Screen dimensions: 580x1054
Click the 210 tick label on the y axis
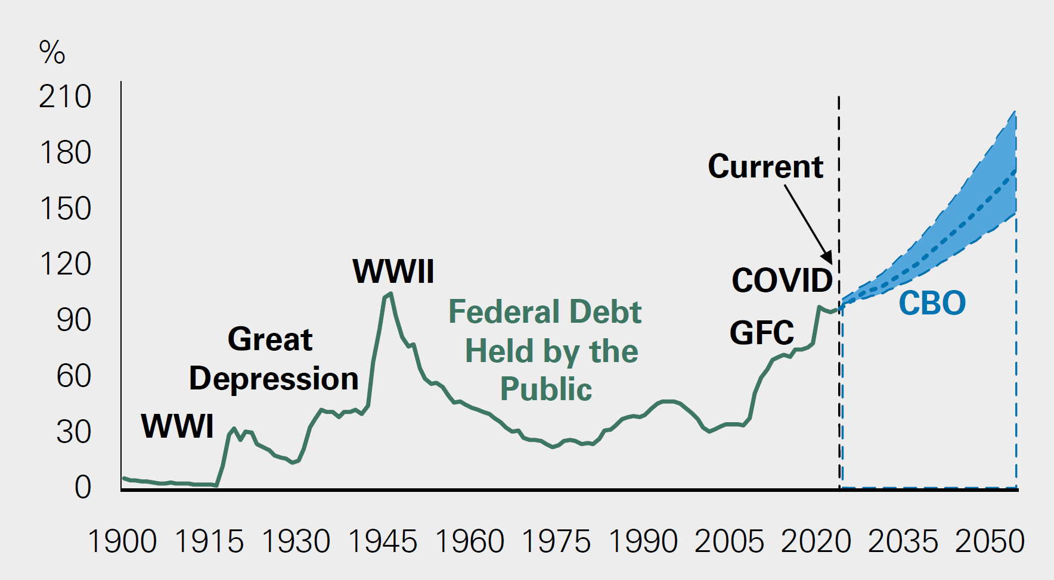[65, 97]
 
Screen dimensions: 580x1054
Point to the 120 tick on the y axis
[65, 264]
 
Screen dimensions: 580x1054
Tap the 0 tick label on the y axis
[82, 487]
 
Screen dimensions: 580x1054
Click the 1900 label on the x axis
[122, 542]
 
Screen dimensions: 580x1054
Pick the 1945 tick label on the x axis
[382, 542]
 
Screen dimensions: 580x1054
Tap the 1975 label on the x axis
[556, 542]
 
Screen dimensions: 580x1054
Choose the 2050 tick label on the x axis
[990, 542]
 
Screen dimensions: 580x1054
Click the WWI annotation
[177, 426]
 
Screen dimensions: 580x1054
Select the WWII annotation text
[393, 272]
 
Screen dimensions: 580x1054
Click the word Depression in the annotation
[274, 379]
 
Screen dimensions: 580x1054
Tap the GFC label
[761, 333]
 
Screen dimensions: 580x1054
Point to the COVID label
[782, 280]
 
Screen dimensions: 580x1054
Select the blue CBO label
[932, 303]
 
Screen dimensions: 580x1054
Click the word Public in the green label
[546, 389]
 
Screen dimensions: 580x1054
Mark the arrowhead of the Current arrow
[828, 257]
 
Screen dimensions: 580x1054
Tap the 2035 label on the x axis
[903, 542]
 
